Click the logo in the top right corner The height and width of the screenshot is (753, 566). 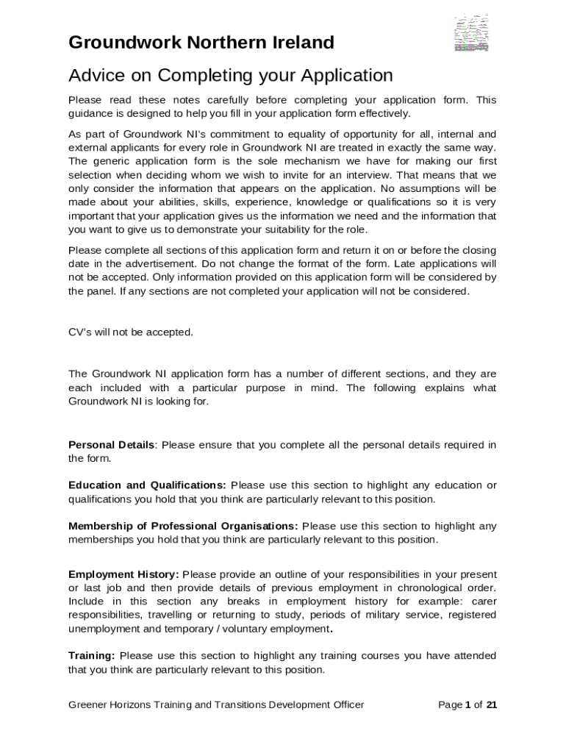[x=471, y=33]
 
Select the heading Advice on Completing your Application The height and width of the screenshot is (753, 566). [x=230, y=75]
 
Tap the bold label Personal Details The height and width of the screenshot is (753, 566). [x=112, y=445]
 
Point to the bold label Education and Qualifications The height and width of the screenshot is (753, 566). [x=147, y=485]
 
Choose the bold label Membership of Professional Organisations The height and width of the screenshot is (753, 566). [x=183, y=526]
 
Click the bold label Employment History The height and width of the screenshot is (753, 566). [x=123, y=574]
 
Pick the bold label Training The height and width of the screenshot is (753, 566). [x=92, y=656]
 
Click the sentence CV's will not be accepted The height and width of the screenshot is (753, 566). [x=131, y=332]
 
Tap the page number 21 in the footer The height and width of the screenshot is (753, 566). [x=492, y=705]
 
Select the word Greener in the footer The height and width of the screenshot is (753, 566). [x=88, y=705]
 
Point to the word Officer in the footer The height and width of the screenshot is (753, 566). [x=346, y=705]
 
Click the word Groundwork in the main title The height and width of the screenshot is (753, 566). [x=123, y=43]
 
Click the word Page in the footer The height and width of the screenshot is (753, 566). [x=451, y=705]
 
